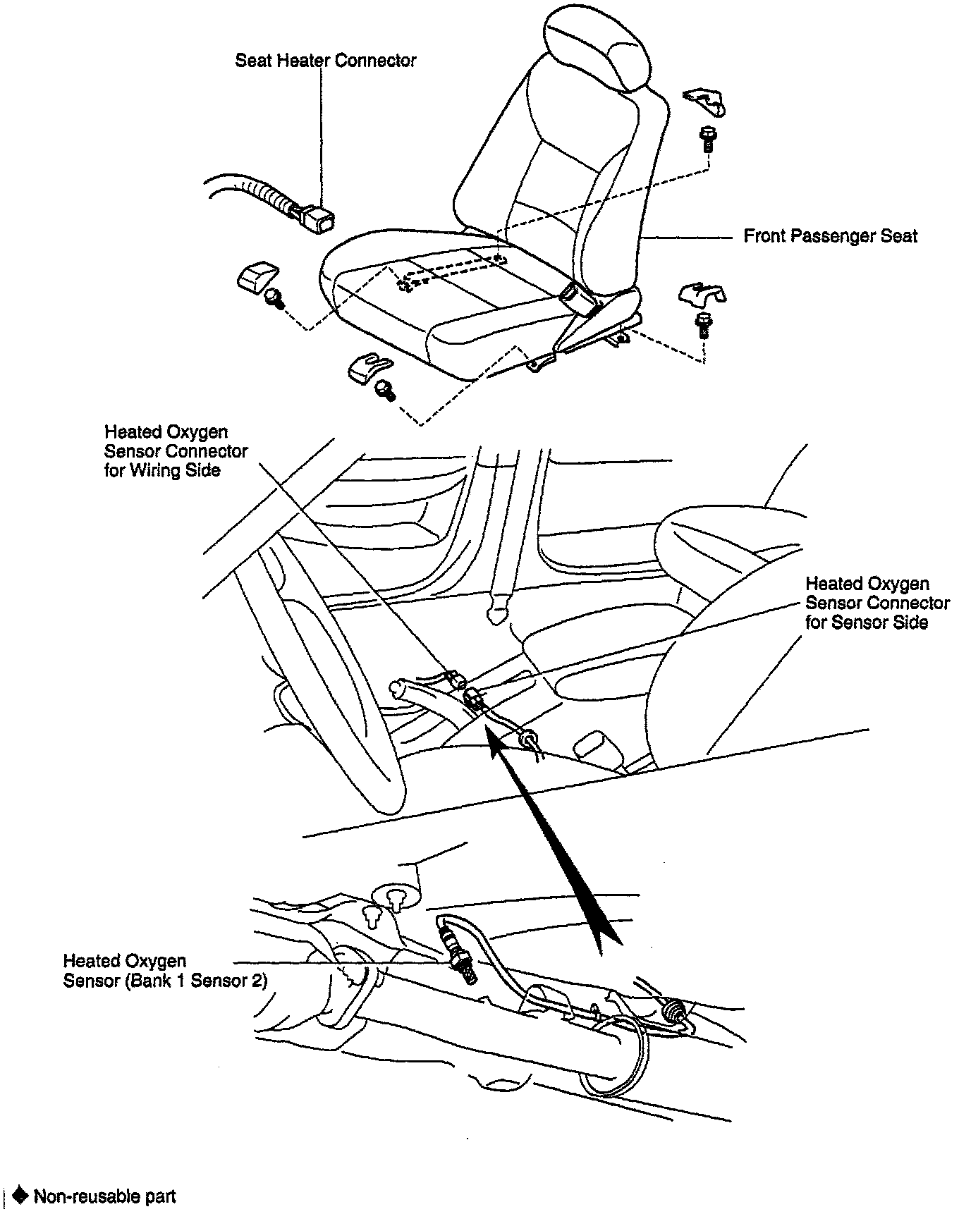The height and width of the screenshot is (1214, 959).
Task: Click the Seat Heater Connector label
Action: click(x=325, y=61)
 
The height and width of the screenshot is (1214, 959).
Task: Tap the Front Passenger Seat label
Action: click(x=830, y=235)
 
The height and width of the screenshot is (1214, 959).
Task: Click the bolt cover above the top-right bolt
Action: click(x=704, y=102)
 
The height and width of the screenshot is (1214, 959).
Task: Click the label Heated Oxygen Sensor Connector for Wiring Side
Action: click(x=176, y=451)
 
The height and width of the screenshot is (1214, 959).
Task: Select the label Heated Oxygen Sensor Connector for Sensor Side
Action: click(x=876, y=603)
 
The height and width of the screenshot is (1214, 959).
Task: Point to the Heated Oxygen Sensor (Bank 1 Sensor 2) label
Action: click(x=165, y=971)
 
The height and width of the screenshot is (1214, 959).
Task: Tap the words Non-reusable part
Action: click(x=105, y=1196)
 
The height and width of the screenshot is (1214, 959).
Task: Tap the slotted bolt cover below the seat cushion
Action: click(x=367, y=367)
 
